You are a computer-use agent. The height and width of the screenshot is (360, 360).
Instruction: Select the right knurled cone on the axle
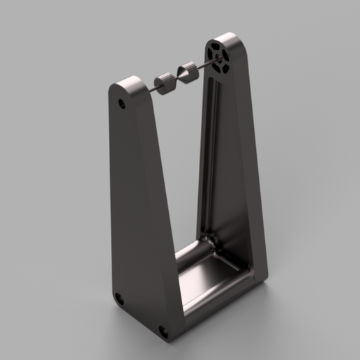pyautogui.click(x=188, y=73)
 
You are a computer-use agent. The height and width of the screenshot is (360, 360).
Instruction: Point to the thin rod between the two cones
pyautogui.click(x=177, y=77)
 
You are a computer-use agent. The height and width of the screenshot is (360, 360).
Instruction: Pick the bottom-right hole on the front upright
pyautogui.click(x=164, y=331)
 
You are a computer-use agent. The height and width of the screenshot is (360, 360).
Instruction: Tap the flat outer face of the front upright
pyautogui.click(x=136, y=209)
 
